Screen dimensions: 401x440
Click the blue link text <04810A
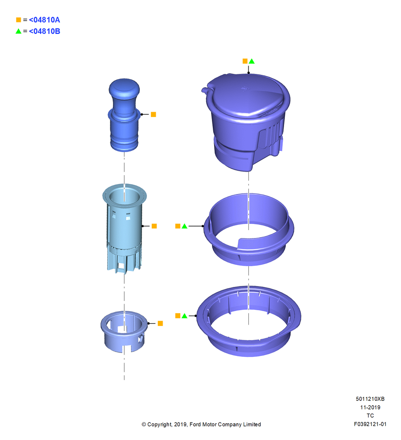click(x=44, y=20)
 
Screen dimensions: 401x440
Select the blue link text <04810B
click(x=44, y=31)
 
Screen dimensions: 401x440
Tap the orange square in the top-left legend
click(x=18, y=20)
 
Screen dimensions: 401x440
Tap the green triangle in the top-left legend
click(x=18, y=31)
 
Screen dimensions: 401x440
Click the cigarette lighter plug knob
click(x=124, y=115)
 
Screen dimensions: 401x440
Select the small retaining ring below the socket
click(x=124, y=331)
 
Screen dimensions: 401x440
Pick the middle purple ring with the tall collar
click(x=249, y=229)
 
